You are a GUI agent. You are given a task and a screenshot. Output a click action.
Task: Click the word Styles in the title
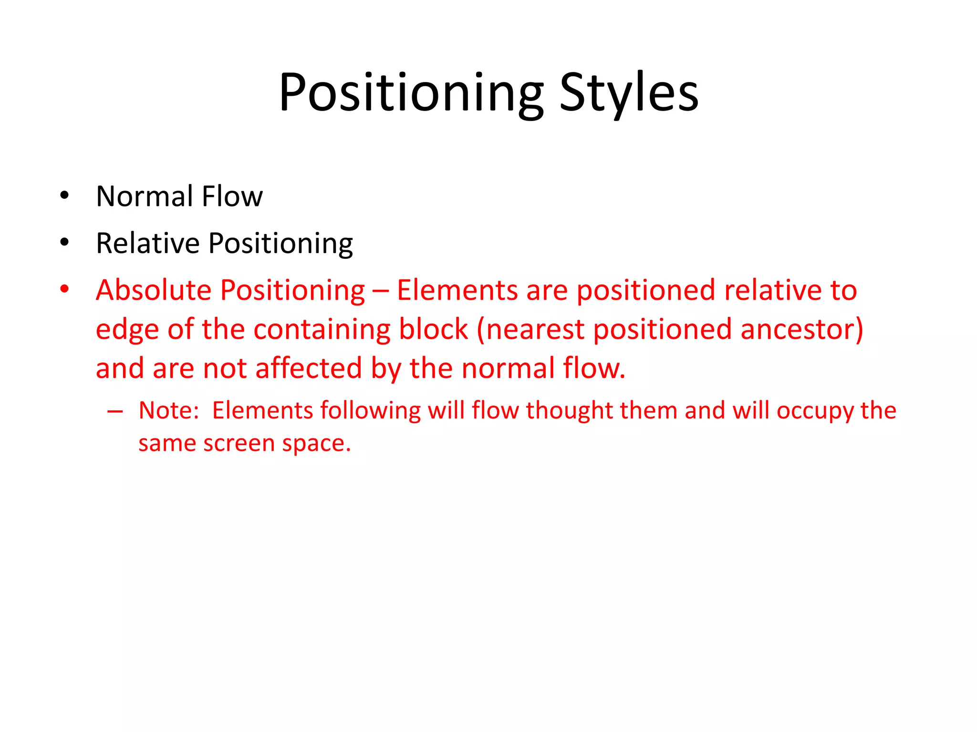(629, 93)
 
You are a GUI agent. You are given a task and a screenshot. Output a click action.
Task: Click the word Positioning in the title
(411, 93)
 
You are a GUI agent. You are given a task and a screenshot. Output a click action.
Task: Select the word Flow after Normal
(232, 196)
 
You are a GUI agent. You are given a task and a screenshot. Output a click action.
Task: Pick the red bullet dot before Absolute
(65, 289)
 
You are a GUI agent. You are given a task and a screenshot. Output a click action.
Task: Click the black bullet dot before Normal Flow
(65, 195)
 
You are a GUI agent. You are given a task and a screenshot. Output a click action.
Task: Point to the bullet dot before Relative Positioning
(65, 242)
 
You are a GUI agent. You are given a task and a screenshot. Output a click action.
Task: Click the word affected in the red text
(308, 368)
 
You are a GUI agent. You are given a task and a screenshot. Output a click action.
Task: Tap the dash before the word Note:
(115, 411)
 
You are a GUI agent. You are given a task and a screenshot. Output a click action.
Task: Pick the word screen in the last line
(239, 444)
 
